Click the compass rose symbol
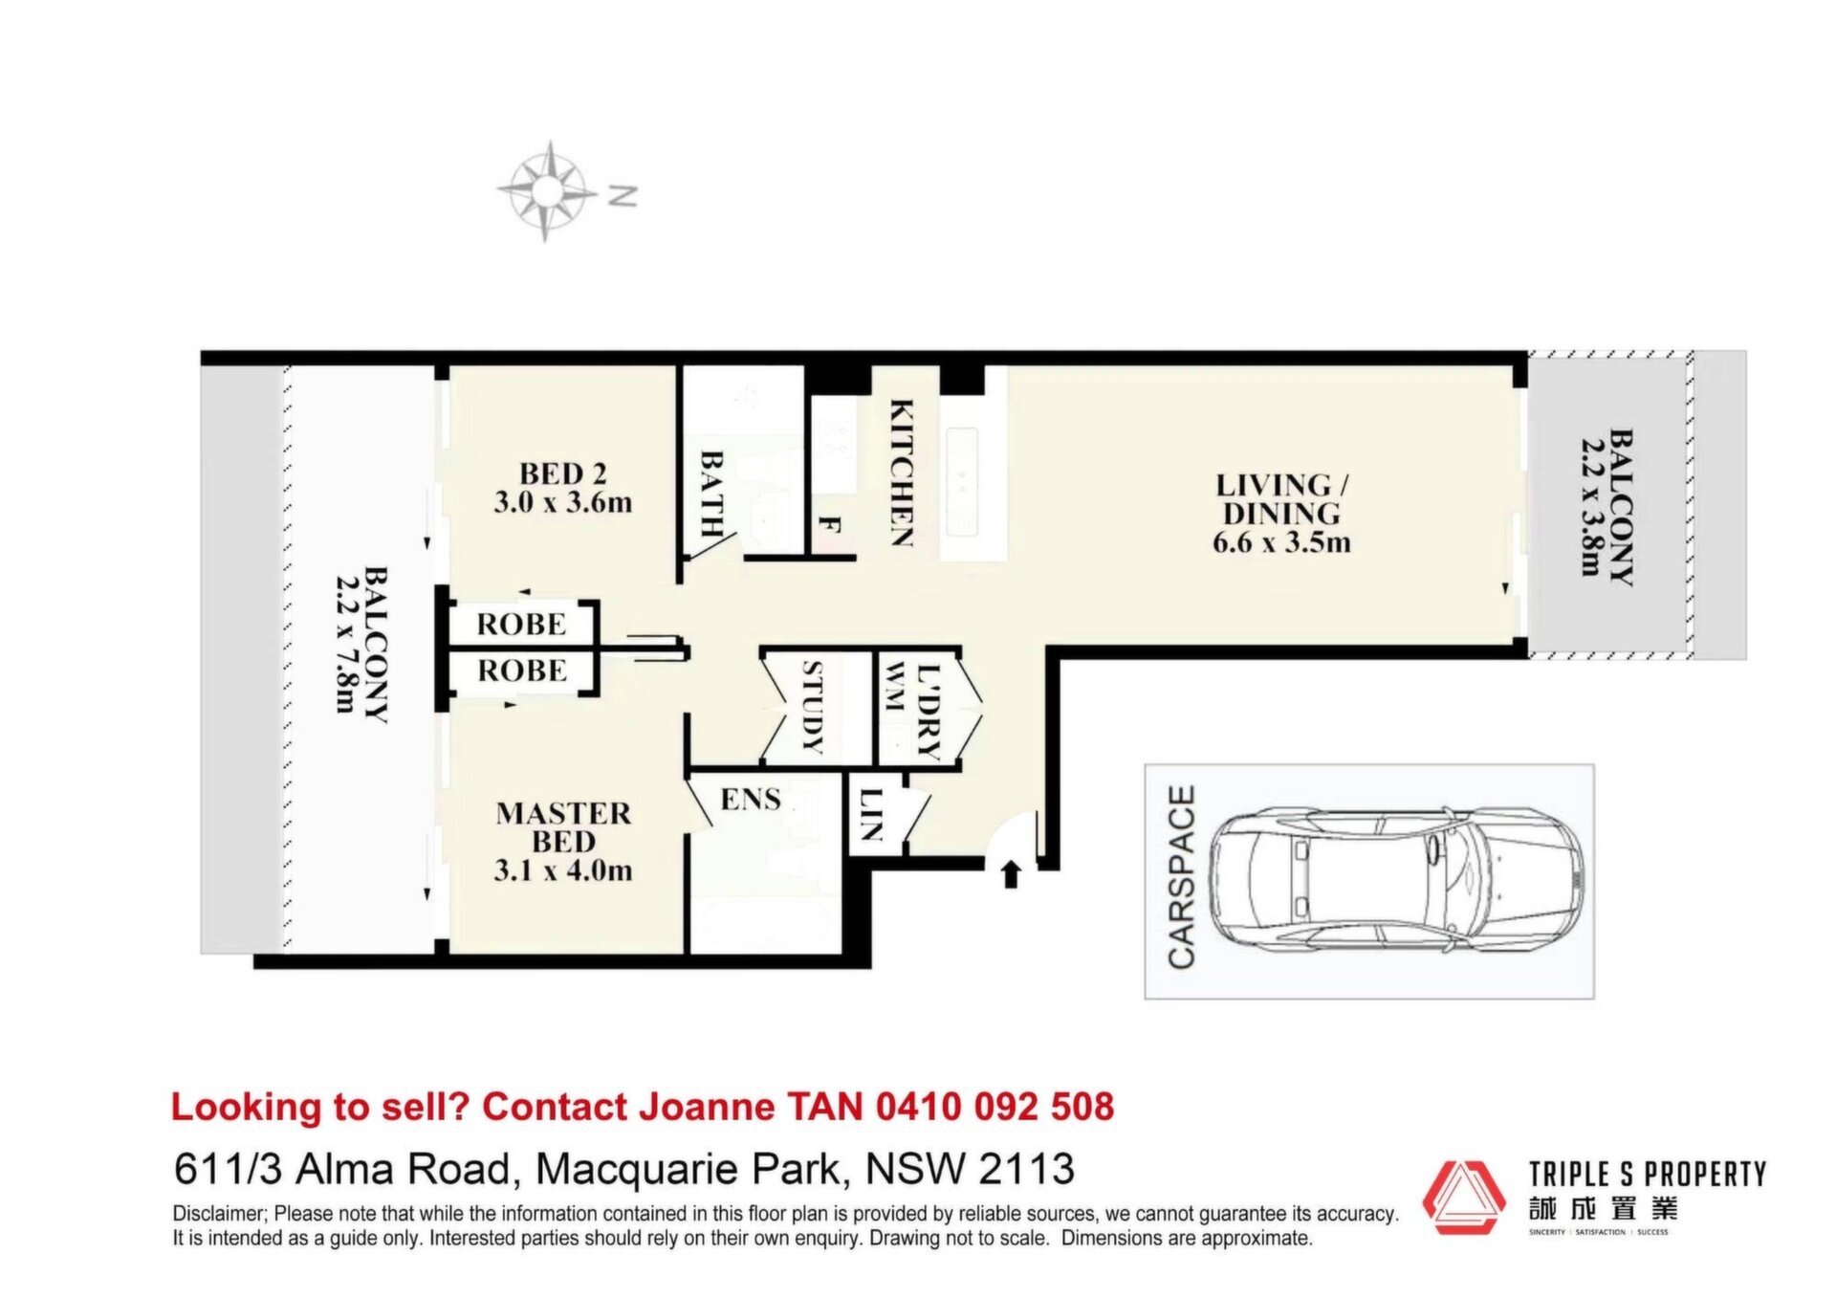[x=544, y=191]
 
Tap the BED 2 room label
[x=563, y=473]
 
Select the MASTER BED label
[x=564, y=827]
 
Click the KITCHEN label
[x=901, y=473]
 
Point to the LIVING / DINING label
[x=1280, y=498]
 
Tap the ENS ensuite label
[x=751, y=799]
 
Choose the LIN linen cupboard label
[x=869, y=813]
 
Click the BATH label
[x=711, y=493]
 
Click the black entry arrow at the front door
[x=1011, y=874]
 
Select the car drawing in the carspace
[x=1396, y=881]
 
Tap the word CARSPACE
[x=1182, y=877]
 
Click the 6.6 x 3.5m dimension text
[x=1281, y=543]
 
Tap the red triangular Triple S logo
[x=1464, y=1199]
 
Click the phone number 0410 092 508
[x=995, y=1107]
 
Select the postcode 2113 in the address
[x=1026, y=1169]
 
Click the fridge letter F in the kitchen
[x=829, y=525]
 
